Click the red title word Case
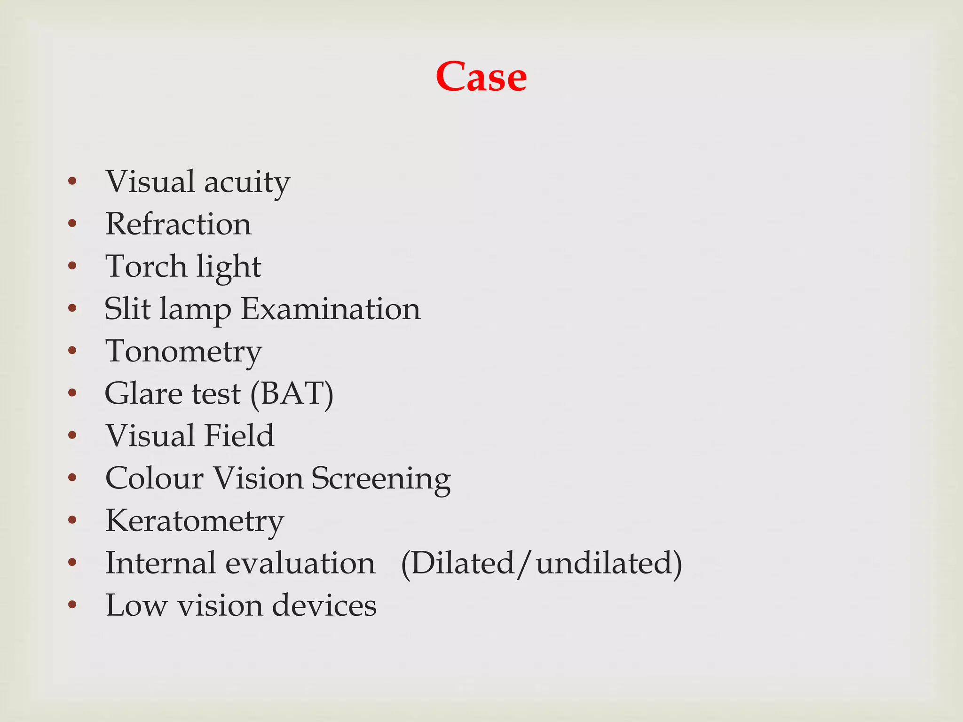pyautogui.click(x=481, y=77)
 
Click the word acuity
pyautogui.click(x=247, y=182)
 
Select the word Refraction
pyautogui.click(x=178, y=224)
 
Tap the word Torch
pyautogui.click(x=146, y=267)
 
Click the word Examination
pyautogui.click(x=331, y=309)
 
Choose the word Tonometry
pyautogui.click(x=183, y=352)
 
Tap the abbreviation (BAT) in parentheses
pyautogui.click(x=292, y=394)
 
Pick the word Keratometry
pyautogui.click(x=195, y=521)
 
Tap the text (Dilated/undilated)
pyautogui.click(x=541, y=564)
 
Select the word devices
pyautogui.click(x=324, y=605)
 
